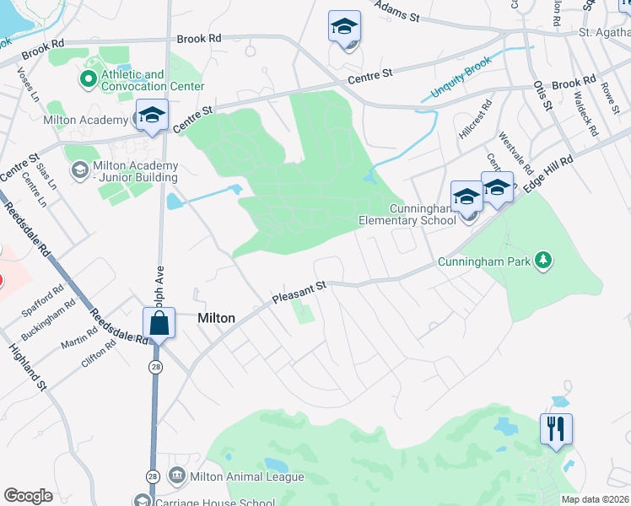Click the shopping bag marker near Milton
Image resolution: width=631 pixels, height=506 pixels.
(159, 323)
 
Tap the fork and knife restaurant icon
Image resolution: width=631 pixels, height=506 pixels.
(556, 429)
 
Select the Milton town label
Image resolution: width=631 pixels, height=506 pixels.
(216, 319)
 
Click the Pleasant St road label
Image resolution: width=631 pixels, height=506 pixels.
(299, 293)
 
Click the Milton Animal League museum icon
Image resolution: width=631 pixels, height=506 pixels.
(177, 476)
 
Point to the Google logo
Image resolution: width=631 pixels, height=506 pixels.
(28, 495)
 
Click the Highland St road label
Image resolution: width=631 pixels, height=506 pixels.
(28, 363)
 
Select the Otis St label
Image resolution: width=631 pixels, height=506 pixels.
(542, 96)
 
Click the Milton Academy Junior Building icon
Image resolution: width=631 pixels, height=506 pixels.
(79, 171)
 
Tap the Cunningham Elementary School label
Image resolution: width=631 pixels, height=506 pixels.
(423, 214)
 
